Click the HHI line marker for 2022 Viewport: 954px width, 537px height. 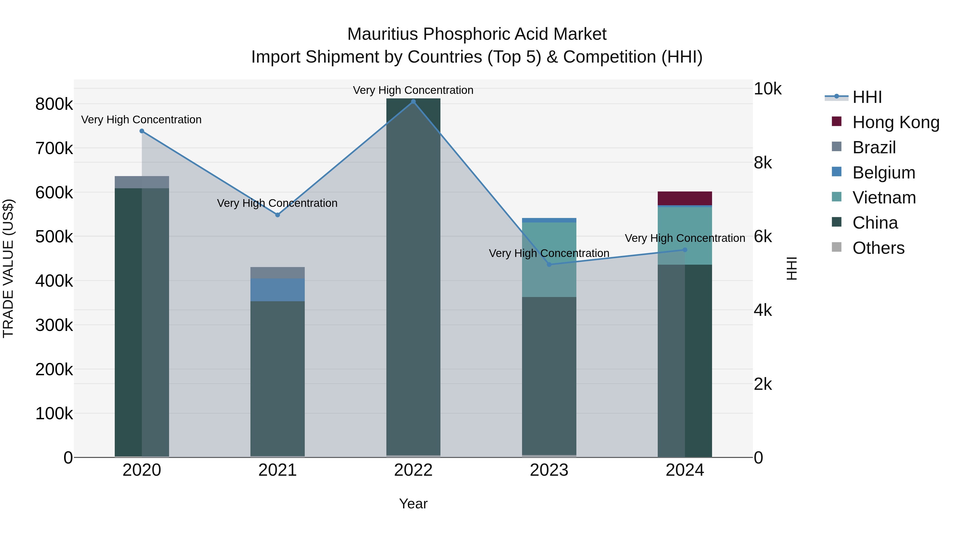pos(413,102)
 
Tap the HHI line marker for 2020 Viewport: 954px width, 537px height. pos(142,131)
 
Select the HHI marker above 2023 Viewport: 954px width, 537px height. pos(549,264)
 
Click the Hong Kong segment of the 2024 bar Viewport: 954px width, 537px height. pos(685,198)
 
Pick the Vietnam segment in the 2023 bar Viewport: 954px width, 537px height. pos(549,259)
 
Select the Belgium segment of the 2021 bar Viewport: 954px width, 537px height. pos(277,290)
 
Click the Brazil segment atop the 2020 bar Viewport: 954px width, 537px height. pos(142,182)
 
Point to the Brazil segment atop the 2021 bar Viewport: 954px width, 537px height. pos(277,273)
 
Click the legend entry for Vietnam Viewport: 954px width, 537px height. pos(884,198)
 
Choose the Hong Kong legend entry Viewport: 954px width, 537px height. pos(895,122)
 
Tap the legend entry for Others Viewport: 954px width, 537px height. pos(878,248)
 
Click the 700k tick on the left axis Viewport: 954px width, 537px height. pos(54,149)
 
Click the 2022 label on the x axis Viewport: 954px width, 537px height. pos(413,470)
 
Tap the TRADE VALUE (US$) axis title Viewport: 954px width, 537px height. pos(8,268)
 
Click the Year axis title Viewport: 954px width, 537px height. pos(413,504)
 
